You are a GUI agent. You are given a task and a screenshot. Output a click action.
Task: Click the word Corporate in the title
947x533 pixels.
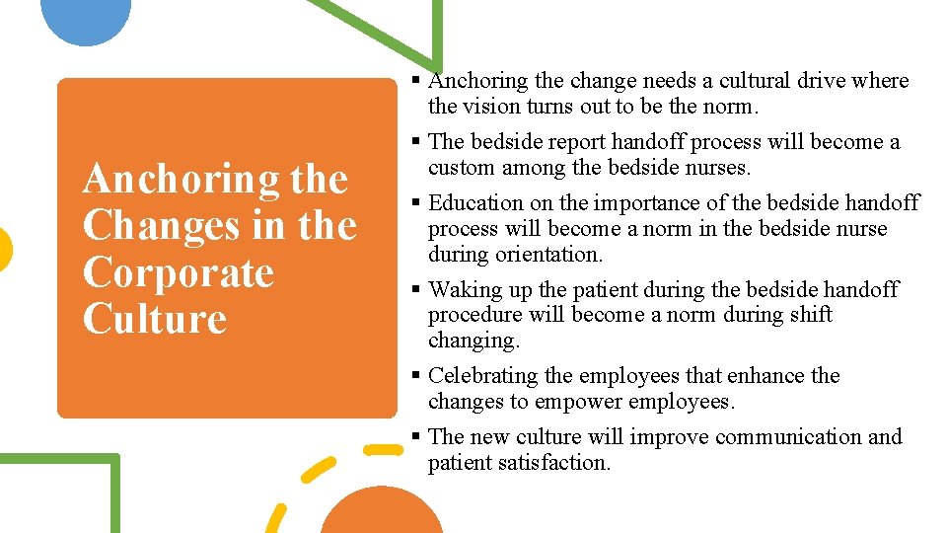178,272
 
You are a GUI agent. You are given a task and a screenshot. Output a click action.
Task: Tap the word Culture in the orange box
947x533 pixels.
155,319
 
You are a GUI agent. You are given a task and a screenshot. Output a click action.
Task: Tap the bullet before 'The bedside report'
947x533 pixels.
417,142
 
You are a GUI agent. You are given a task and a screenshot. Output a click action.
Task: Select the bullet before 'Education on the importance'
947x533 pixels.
417,203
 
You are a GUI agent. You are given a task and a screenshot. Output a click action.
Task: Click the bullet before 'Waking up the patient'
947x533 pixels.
417,290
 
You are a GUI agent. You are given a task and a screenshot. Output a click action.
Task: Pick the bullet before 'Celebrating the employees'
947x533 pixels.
417,376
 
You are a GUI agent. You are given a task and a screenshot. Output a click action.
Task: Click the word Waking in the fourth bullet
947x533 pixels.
462,290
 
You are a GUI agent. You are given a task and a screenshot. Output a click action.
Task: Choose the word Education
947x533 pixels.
475,203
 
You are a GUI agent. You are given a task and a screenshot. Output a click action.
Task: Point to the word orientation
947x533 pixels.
548,255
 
